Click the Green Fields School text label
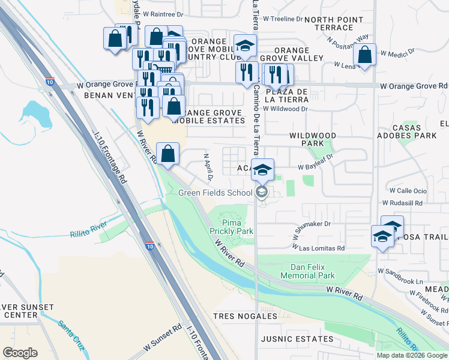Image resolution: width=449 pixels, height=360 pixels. pyautogui.click(x=215, y=193)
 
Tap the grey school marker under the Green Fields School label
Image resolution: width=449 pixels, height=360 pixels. pyautogui.click(x=261, y=192)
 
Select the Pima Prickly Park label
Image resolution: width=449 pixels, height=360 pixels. pyautogui.click(x=232, y=227)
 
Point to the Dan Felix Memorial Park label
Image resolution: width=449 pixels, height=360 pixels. pyautogui.click(x=303, y=271)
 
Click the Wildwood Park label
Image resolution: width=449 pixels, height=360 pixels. pyautogui.click(x=313, y=140)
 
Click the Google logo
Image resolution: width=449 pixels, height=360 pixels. pyautogui.click(x=20, y=353)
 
